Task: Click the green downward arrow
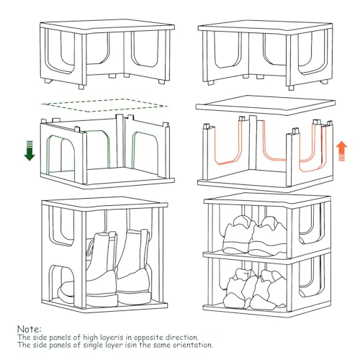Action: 30,150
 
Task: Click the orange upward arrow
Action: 341,151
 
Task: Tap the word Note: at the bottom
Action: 30,328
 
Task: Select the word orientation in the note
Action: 193,345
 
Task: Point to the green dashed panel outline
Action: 105,105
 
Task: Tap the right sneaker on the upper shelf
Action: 269,236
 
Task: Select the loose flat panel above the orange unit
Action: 266,105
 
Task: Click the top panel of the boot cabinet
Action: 104,203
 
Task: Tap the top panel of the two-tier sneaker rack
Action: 267,199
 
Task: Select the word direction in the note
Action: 182,337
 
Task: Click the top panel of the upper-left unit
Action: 107,27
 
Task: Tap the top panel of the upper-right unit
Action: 266,27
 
